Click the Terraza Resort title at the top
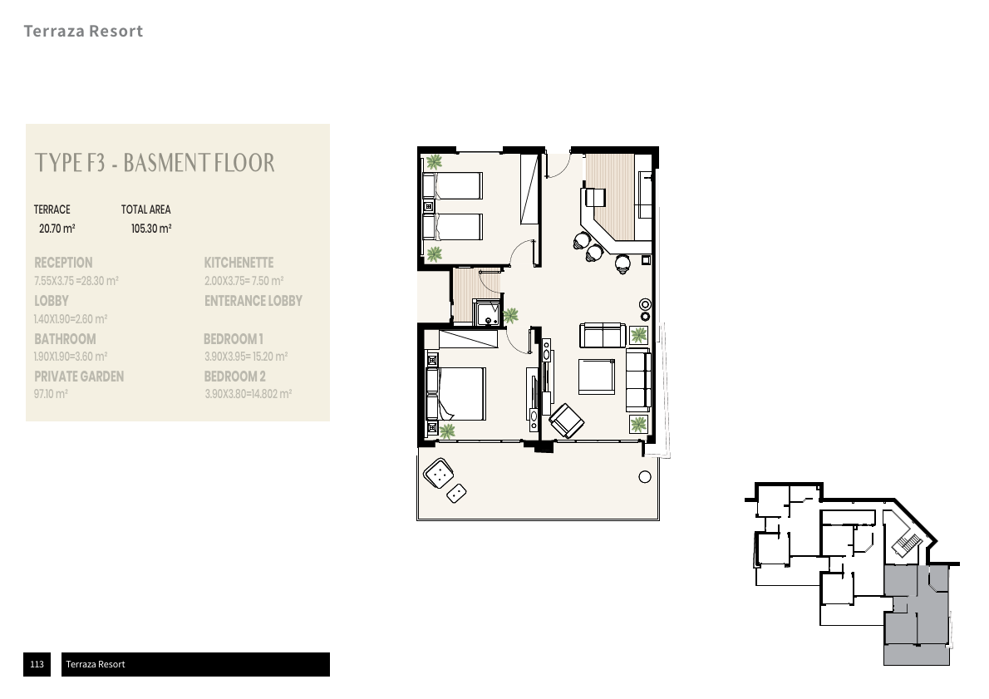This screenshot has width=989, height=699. (83, 31)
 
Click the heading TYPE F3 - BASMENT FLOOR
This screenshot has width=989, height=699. (155, 163)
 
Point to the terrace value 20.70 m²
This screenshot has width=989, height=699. (57, 229)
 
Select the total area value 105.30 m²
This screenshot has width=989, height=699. (151, 229)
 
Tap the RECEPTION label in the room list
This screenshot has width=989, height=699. (63, 263)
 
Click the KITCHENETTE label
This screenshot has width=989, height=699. (239, 263)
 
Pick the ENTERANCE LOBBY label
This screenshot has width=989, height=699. (253, 301)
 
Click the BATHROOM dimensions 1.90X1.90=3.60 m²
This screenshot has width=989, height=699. (71, 357)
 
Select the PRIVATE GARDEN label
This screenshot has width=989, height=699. (79, 377)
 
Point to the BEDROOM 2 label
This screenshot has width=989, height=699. (234, 377)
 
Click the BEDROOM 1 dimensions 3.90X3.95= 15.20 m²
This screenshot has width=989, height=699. (246, 357)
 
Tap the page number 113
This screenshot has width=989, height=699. (37, 663)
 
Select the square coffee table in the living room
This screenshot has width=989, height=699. (596, 377)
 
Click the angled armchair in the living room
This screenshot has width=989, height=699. (567, 421)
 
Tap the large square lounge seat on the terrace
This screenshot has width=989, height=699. (439, 473)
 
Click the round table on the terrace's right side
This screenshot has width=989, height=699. (645, 477)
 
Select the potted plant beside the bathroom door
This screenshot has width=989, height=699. (511, 315)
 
